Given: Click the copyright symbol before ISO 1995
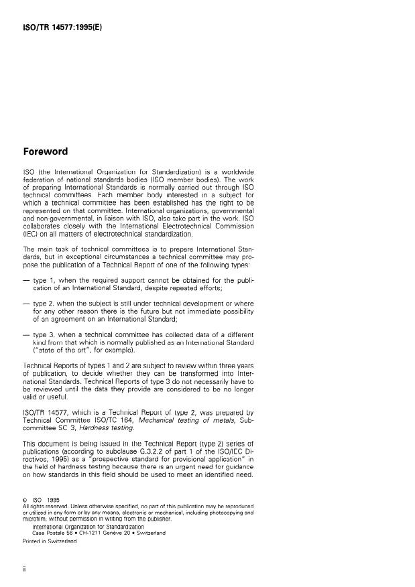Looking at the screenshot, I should coord(25,499).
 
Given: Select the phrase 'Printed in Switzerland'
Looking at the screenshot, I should coord(51,542).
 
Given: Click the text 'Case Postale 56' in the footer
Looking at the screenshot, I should coord(56,533).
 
